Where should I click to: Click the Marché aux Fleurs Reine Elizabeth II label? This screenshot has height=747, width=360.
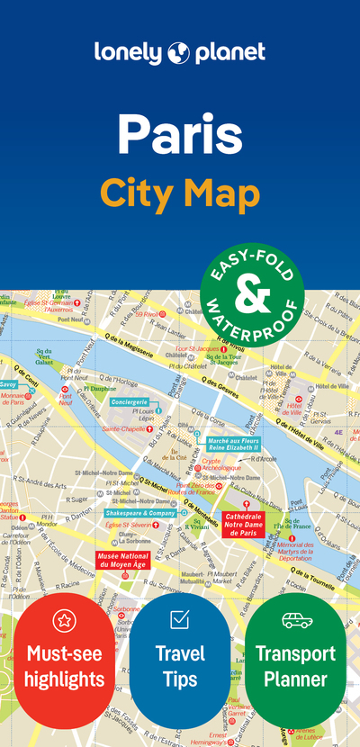232,443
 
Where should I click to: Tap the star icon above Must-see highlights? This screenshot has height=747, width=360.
64,620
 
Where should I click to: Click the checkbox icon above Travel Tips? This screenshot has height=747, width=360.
179,620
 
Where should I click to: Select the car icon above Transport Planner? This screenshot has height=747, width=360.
295,620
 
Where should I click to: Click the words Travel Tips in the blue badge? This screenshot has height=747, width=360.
179,667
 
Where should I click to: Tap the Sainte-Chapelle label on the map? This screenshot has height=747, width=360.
124,429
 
